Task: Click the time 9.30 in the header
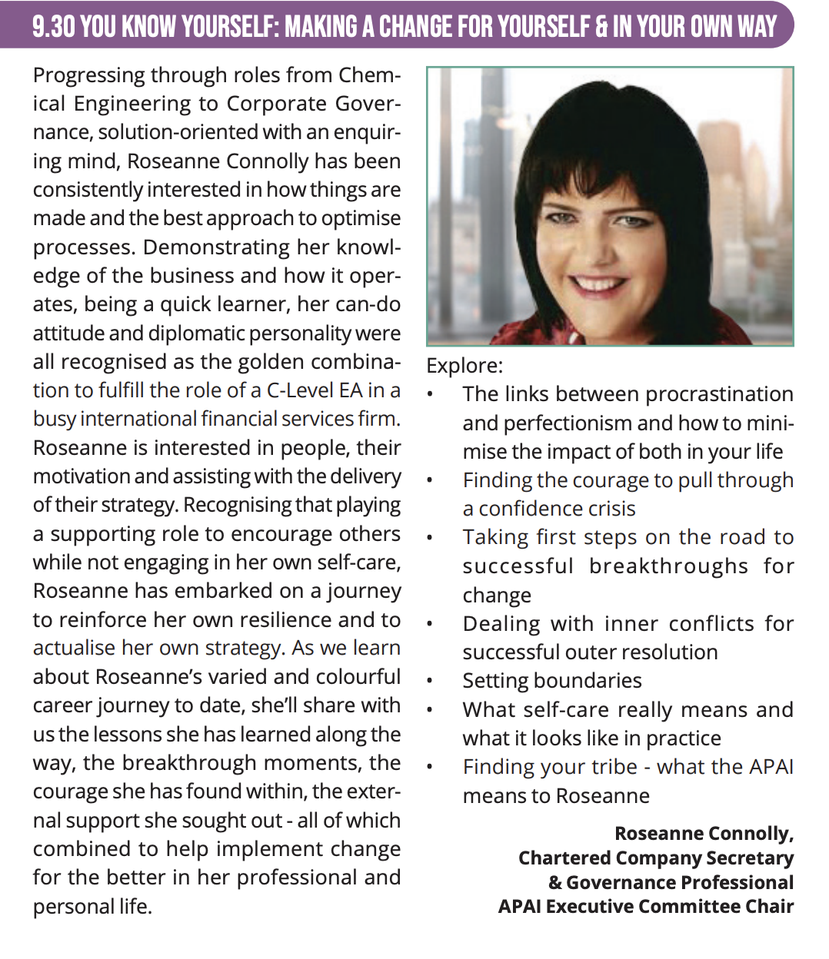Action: pyautogui.click(x=53, y=27)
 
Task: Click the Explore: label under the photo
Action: pyautogui.click(x=464, y=366)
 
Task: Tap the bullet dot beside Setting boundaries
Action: pyautogui.click(x=431, y=682)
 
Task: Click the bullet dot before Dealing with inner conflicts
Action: pyautogui.click(x=431, y=624)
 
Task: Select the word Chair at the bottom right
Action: pyautogui.click(x=769, y=907)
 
